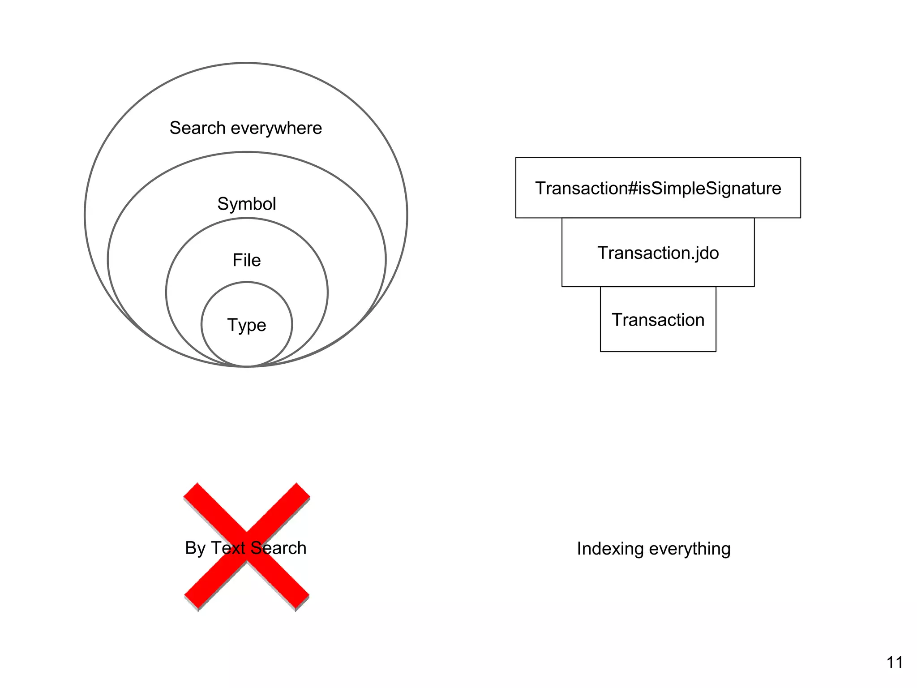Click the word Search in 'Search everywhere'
[x=197, y=128]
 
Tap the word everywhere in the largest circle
[x=276, y=128]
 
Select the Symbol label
[x=247, y=204]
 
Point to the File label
[x=246, y=260]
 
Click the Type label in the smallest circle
[x=246, y=325]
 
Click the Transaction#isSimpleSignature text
[x=658, y=188]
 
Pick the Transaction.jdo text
[x=658, y=253]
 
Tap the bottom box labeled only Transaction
[x=658, y=320]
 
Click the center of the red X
[x=247, y=546]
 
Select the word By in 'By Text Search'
[x=195, y=548]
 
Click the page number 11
[x=895, y=662]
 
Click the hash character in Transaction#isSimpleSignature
[x=633, y=188]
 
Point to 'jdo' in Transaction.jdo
[x=705, y=253]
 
